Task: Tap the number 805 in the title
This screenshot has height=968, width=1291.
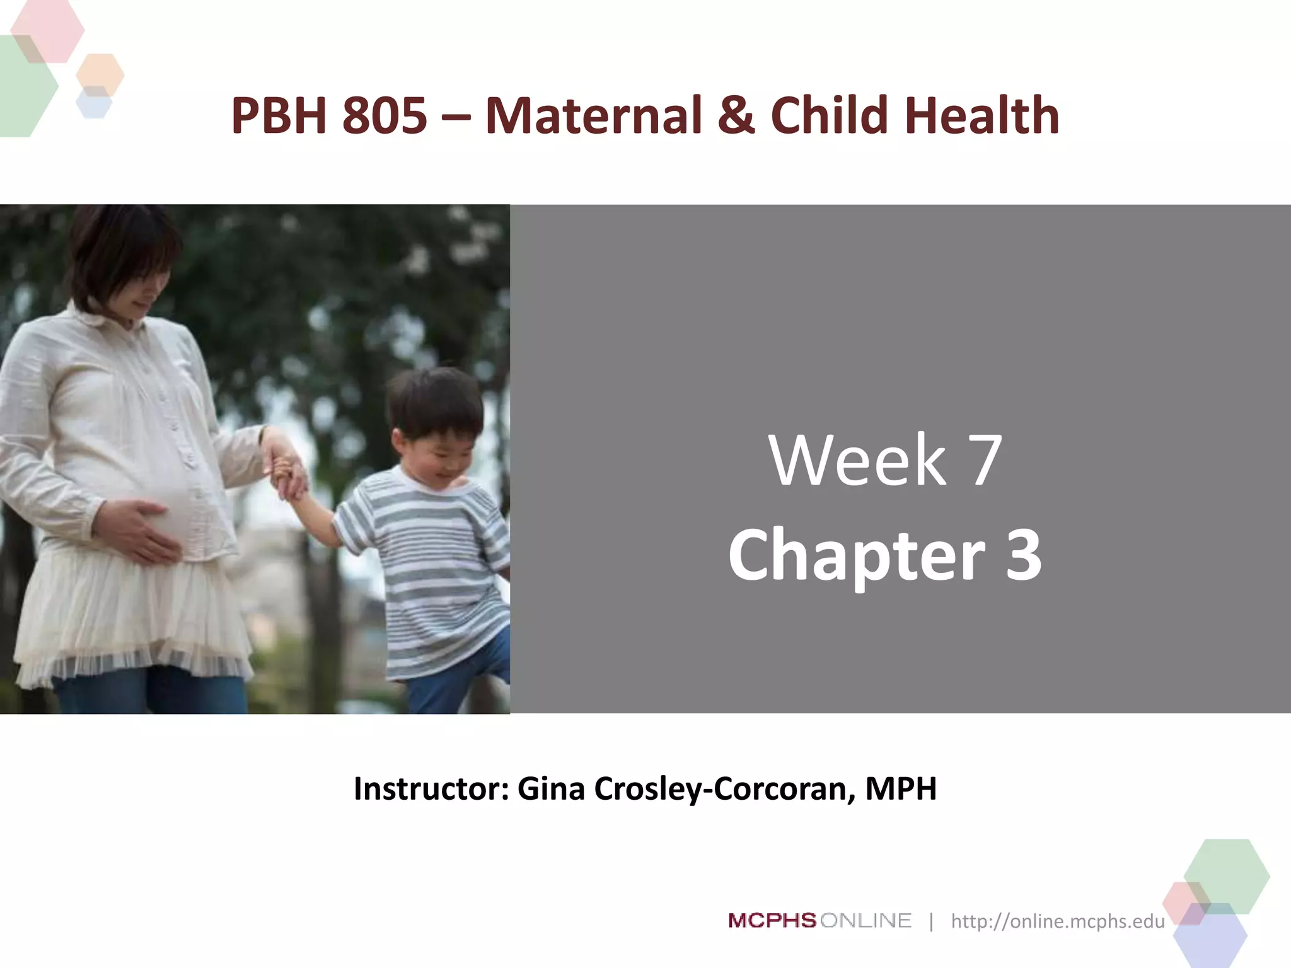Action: click(x=385, y=116)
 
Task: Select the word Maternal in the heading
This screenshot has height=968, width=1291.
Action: click(x=593, y=116)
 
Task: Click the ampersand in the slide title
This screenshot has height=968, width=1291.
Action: click(x=736, y=116)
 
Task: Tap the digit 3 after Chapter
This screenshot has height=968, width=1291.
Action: click(x=1022, y=555)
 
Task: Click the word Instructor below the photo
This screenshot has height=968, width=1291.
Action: click(x=431, y=789)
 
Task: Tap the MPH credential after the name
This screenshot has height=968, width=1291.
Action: click(x=901, y=789)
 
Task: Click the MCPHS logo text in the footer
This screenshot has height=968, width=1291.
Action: click(x=772, y=921)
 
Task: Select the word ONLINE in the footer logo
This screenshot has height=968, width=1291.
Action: click(x=866, y=921)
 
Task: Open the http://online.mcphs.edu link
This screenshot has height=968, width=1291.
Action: click(x=1058, y=921)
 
